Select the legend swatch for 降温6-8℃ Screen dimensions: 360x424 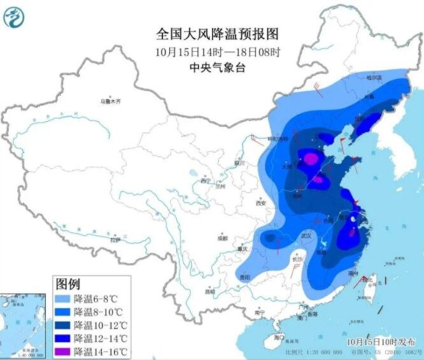point(62,298)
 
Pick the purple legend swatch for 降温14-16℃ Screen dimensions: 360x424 point(62,352)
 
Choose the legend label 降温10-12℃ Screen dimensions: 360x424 point(102,325)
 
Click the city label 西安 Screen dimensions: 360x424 point(260,203)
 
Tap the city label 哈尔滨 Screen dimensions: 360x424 point(374,78)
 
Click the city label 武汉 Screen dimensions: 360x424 point(306,236)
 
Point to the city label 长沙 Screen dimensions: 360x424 point(297,260)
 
